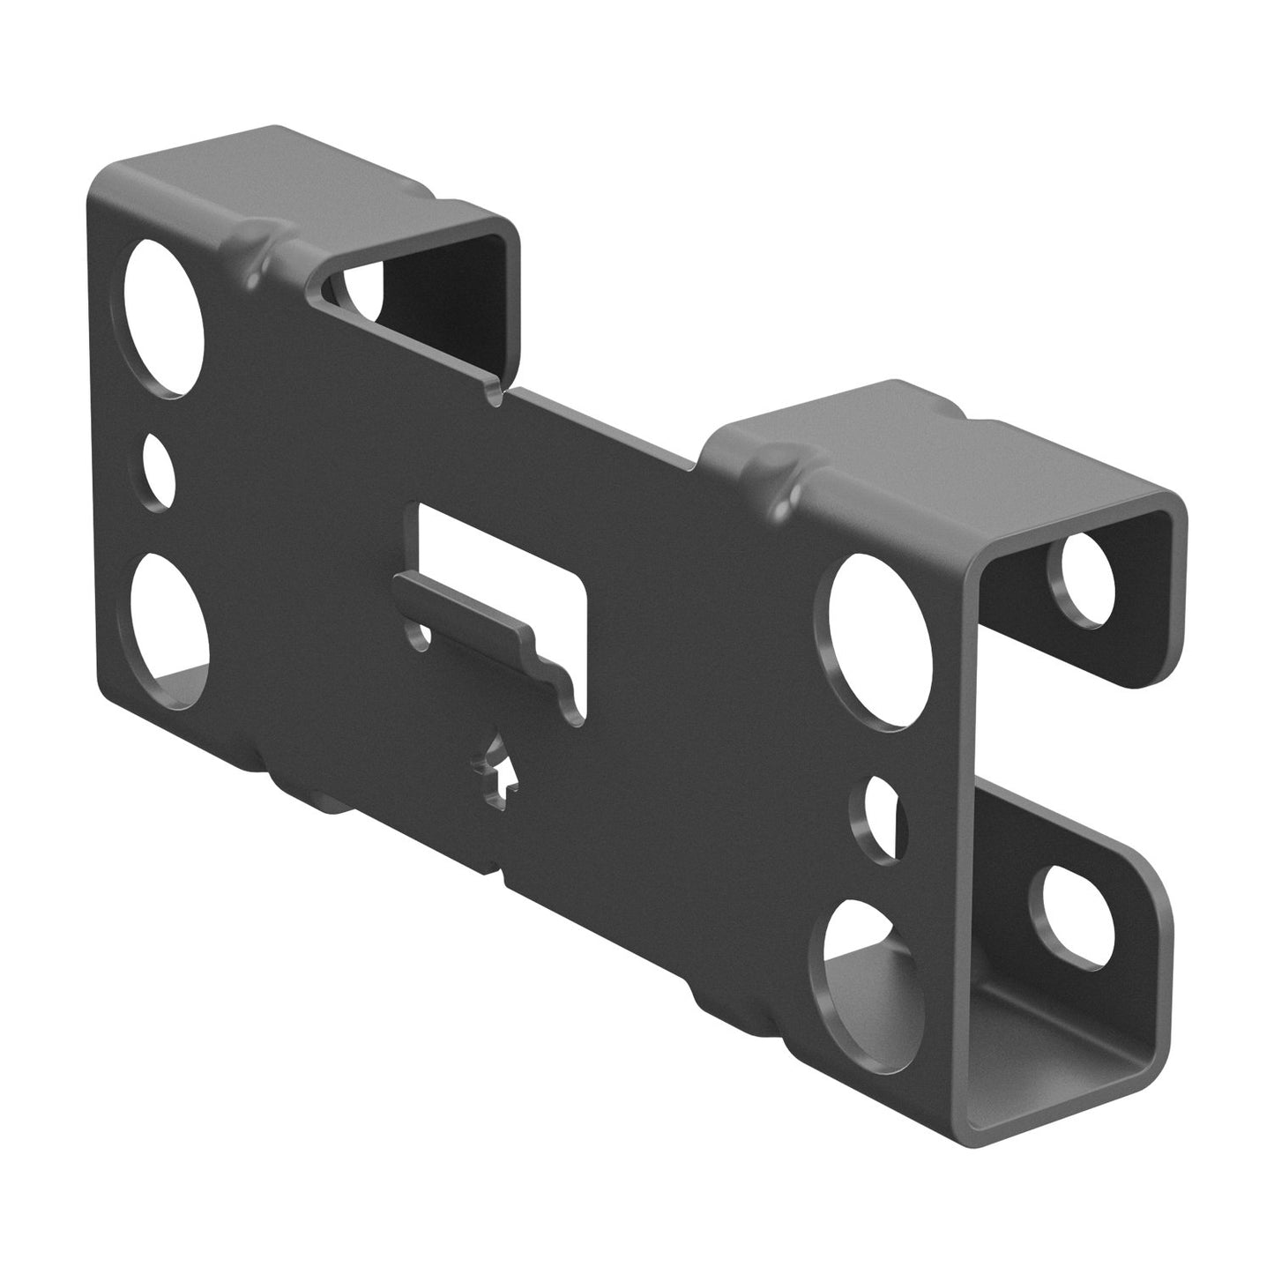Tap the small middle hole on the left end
pos(160,471)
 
